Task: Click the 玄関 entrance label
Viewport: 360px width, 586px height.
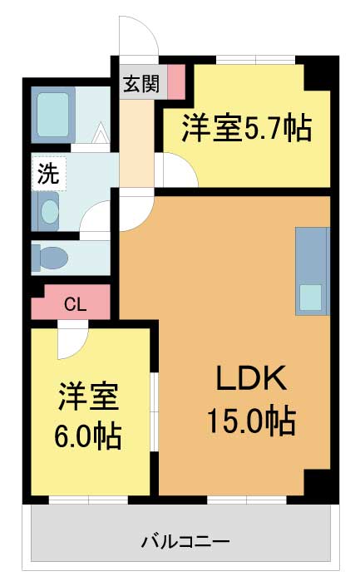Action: (x=141, y=84)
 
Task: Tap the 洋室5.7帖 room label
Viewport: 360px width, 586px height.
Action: (x=246, y=128)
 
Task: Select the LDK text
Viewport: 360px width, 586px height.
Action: (x=251, y=378)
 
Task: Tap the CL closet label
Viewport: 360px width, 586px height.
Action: (x=76, y=305)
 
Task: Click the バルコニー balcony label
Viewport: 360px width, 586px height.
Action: (x=185, y=541)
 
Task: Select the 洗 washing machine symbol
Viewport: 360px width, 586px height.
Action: (x=49, y=175)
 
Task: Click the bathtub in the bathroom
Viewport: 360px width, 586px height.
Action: (x=53, y=115)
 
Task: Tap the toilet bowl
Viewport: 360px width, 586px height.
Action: (x=50, y=258)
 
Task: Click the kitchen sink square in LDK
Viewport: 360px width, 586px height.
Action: (x=311, y=298)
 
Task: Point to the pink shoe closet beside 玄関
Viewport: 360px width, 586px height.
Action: (x=176, y=81)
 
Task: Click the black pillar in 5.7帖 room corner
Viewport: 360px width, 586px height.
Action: (x=317, y=74)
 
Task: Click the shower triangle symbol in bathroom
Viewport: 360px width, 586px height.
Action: (x=101, y=133)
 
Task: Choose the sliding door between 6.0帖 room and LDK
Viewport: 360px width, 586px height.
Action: (x=154, y=411)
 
